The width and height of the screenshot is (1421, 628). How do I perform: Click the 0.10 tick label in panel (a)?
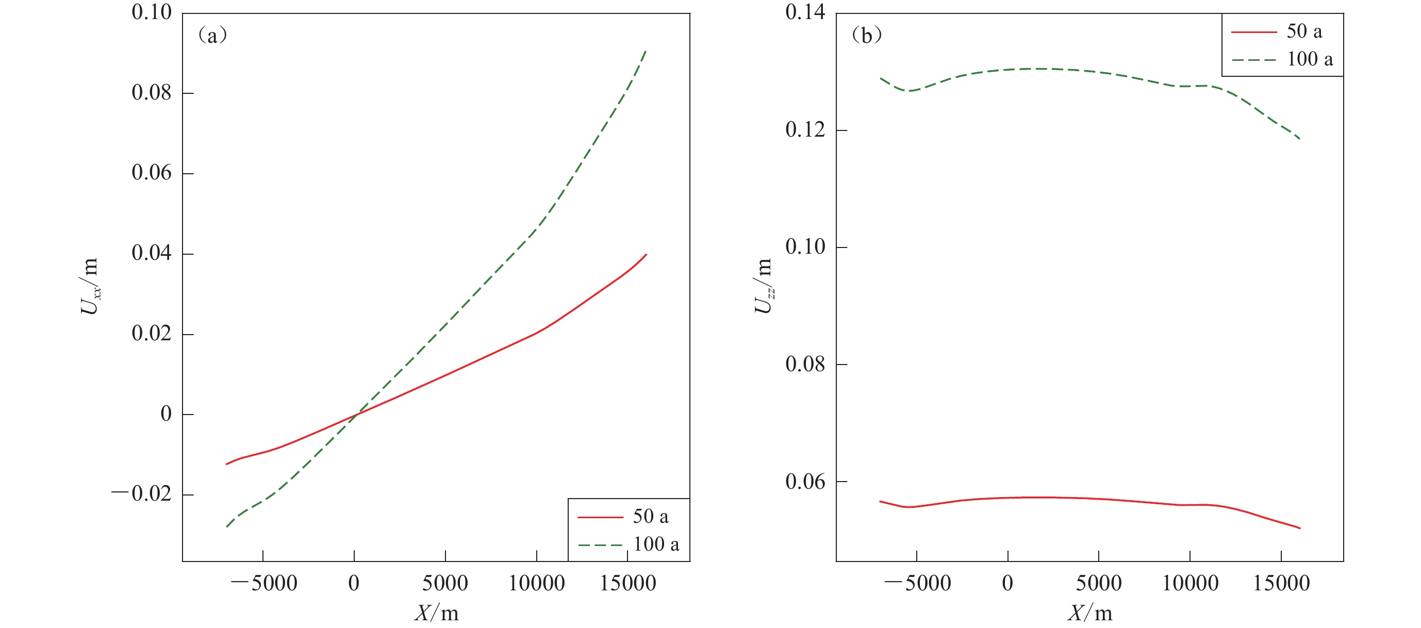151,12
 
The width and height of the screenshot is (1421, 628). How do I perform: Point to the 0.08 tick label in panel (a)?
151,92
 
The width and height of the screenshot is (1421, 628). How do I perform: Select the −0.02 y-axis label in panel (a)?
142,493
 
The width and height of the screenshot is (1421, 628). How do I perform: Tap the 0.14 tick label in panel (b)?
805,12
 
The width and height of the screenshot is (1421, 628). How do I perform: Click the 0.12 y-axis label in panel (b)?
805,130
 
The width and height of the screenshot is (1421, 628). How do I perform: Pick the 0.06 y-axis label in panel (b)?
805,482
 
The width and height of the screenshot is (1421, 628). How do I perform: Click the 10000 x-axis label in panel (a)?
536,583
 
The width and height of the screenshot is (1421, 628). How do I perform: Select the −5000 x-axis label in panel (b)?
918,583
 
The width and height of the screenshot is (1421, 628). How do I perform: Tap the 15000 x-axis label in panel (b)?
1281,583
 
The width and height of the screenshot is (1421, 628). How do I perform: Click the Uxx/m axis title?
90,286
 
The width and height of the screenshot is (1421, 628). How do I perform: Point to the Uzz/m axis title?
764,286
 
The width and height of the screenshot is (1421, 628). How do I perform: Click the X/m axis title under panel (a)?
436,613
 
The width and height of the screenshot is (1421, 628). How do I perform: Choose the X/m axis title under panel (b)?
1089,613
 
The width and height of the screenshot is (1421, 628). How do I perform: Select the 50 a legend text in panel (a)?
650,517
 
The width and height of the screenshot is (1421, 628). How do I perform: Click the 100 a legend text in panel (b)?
1310,59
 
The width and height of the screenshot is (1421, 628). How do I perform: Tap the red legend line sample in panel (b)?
1253,32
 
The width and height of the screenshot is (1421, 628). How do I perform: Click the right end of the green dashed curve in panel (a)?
646,51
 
